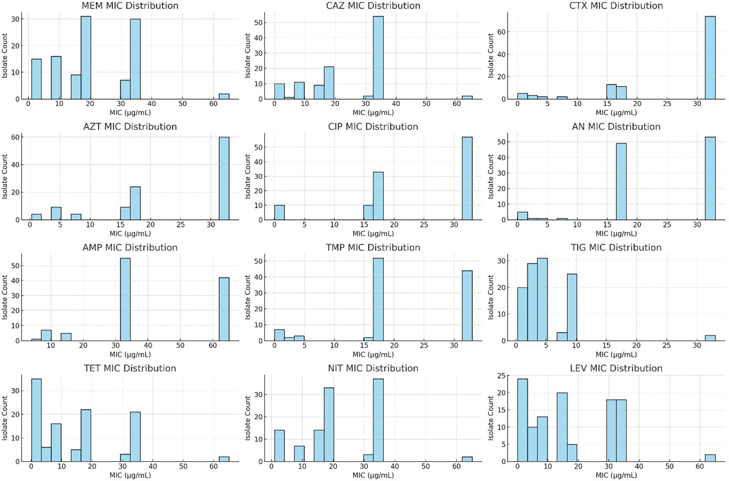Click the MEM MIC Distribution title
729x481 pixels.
click(130, 6)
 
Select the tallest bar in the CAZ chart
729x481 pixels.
click(378, 58)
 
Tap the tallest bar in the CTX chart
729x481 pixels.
click(710, 58)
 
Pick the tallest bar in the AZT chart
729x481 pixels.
click(224, 179)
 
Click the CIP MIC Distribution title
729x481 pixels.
click(373, 127)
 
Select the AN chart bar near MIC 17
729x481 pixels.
click(621, 182)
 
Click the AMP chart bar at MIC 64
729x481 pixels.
click(224, 309)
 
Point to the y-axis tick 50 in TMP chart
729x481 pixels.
click(258, 261)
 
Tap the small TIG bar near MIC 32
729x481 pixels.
click(710, 338)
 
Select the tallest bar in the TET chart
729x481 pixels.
click(36, 420)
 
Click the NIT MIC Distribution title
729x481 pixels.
click(373, 368)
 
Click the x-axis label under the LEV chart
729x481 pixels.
click(616, 475)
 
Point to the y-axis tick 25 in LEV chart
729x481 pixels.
click(501, 376)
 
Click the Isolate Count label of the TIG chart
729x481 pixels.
click(491, 297)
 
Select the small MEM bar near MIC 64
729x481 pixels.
click(224, 96)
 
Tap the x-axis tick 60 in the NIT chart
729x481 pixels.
click(457, 466)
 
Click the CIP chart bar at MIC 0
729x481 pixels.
click(279, 212)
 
